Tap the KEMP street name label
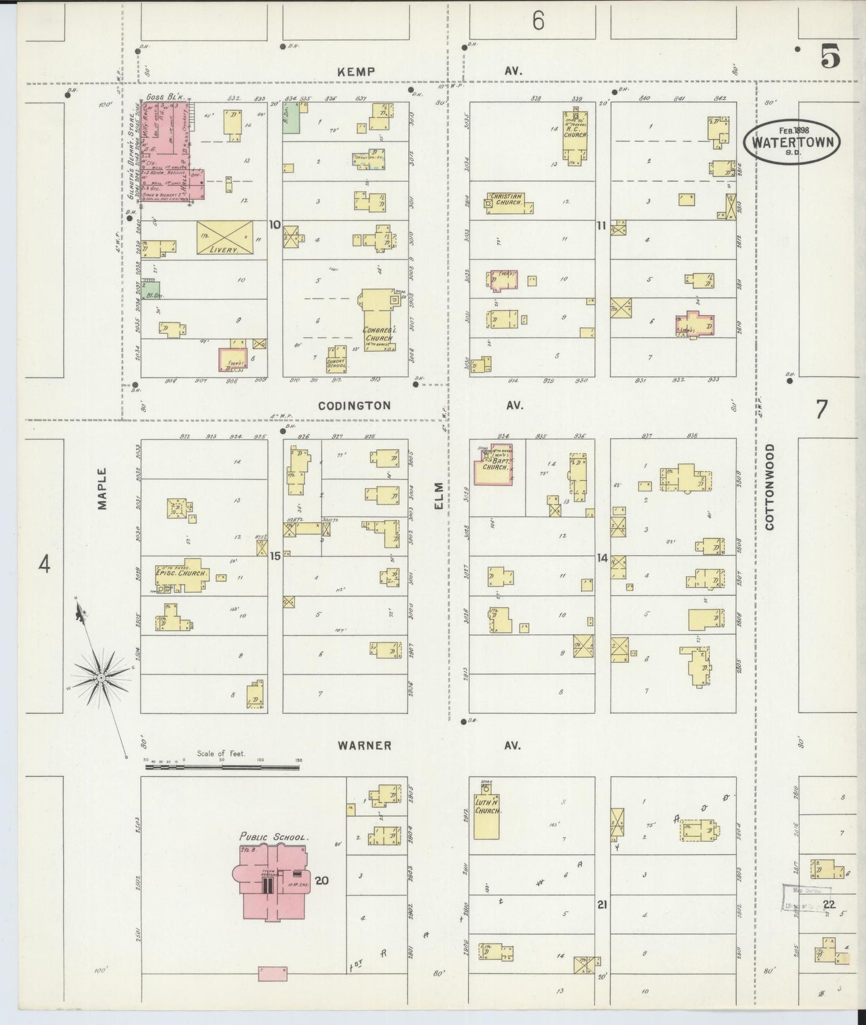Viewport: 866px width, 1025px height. [x=356, y=71]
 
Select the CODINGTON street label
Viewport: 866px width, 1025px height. [x=354, y=406]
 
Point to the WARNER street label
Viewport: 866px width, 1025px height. [x=364, y=746]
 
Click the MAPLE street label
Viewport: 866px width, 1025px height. [x=102, y=489]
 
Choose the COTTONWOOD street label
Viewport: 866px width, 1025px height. [x=770, y=487]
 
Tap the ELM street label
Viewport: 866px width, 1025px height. [x=439, y=496]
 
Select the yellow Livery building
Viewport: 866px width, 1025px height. [x=224, y=237]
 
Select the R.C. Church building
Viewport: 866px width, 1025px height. [x=575, y=137]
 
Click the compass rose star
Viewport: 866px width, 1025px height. [x=101, y=677]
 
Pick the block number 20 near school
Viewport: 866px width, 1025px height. [x=322, y=881]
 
